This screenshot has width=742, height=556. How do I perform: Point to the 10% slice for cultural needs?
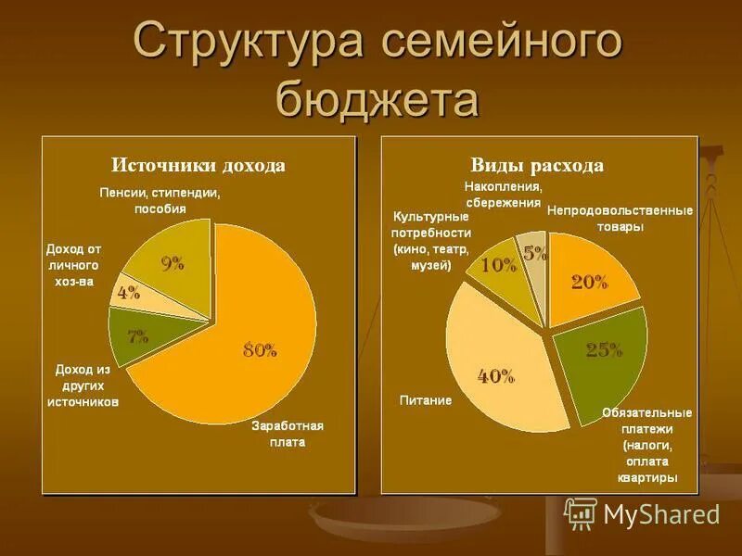pos(496,264)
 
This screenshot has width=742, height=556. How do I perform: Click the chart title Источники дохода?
pos(198,166)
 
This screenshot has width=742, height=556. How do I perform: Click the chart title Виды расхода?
pos(537,166)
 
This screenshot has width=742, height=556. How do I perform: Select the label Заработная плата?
pos(287,434)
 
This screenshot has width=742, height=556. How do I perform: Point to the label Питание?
pos(426,400)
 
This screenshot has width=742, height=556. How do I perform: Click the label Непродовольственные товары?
pos(620,218)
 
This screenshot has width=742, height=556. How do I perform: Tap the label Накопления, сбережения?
pos(503,195)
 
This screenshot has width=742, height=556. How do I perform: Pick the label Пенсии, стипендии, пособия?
pos(159,200)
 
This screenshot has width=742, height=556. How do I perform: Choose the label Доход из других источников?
pos(83,385)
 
